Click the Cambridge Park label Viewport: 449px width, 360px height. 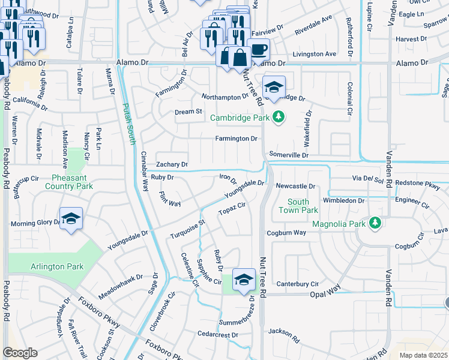(x=240, y=118)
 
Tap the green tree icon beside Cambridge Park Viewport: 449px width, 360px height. (x=277, y=117)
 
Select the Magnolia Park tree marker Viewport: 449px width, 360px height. (x=375, y=224)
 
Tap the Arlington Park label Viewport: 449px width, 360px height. (x=58, y=266)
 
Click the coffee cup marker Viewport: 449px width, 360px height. (x=258, y=49)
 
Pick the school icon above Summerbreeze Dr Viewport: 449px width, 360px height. (x=244, y=280)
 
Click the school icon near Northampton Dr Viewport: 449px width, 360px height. (x=274, y=87)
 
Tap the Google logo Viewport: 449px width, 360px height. (x=20, y=353)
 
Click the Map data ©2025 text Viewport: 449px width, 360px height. (x=423, y=355)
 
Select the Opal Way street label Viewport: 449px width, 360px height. (x=325, y=295)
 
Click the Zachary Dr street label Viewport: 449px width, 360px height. (x=172, y=164)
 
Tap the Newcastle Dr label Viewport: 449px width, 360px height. (x=295, y=187)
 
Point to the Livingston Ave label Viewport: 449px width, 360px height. (x=313, y=54)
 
